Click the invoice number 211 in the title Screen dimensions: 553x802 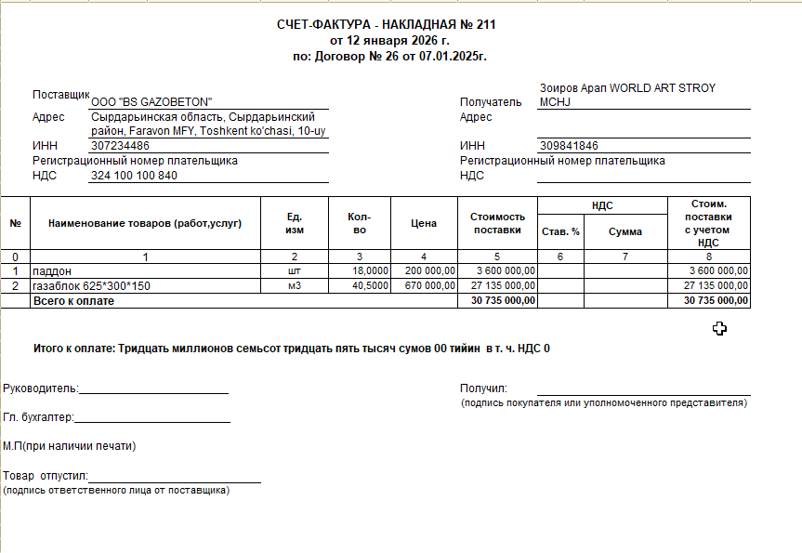click(485, 25)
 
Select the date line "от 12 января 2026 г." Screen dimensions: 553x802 click(389, 41)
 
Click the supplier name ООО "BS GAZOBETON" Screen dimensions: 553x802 click(152, 102)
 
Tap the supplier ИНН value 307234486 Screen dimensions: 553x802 click(121, 146)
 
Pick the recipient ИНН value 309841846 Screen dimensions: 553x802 click(568, 146)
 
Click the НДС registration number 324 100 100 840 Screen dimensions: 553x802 click(134, 176)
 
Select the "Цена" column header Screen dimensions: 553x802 click(424, 223)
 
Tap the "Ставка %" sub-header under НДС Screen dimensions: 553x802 click(560, 231)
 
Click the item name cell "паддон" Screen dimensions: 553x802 click(52, 271)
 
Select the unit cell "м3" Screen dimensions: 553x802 click(295, 286)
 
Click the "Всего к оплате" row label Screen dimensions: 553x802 click(73, 301)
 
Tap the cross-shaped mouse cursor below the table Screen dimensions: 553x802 click(719, 328)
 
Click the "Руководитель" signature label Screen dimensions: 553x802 click(41, 388)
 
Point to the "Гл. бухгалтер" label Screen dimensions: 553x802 click(39, 418)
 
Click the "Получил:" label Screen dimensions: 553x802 click(483, 388)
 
